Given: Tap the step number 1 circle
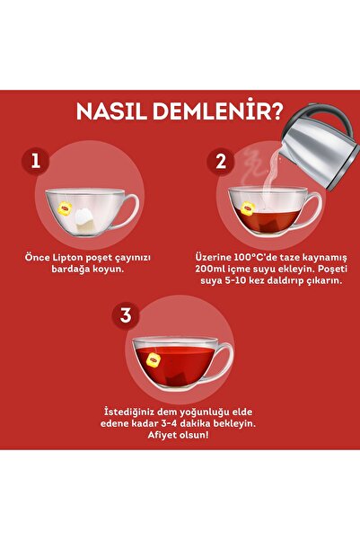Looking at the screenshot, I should pos(36,162).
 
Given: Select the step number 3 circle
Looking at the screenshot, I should pos(127,315).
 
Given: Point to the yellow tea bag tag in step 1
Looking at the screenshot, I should pos(66,209).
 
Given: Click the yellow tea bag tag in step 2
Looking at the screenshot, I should pos(247,210).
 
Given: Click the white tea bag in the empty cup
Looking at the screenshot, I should pos(87,213).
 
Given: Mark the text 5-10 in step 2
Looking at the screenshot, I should pos(229,281).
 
